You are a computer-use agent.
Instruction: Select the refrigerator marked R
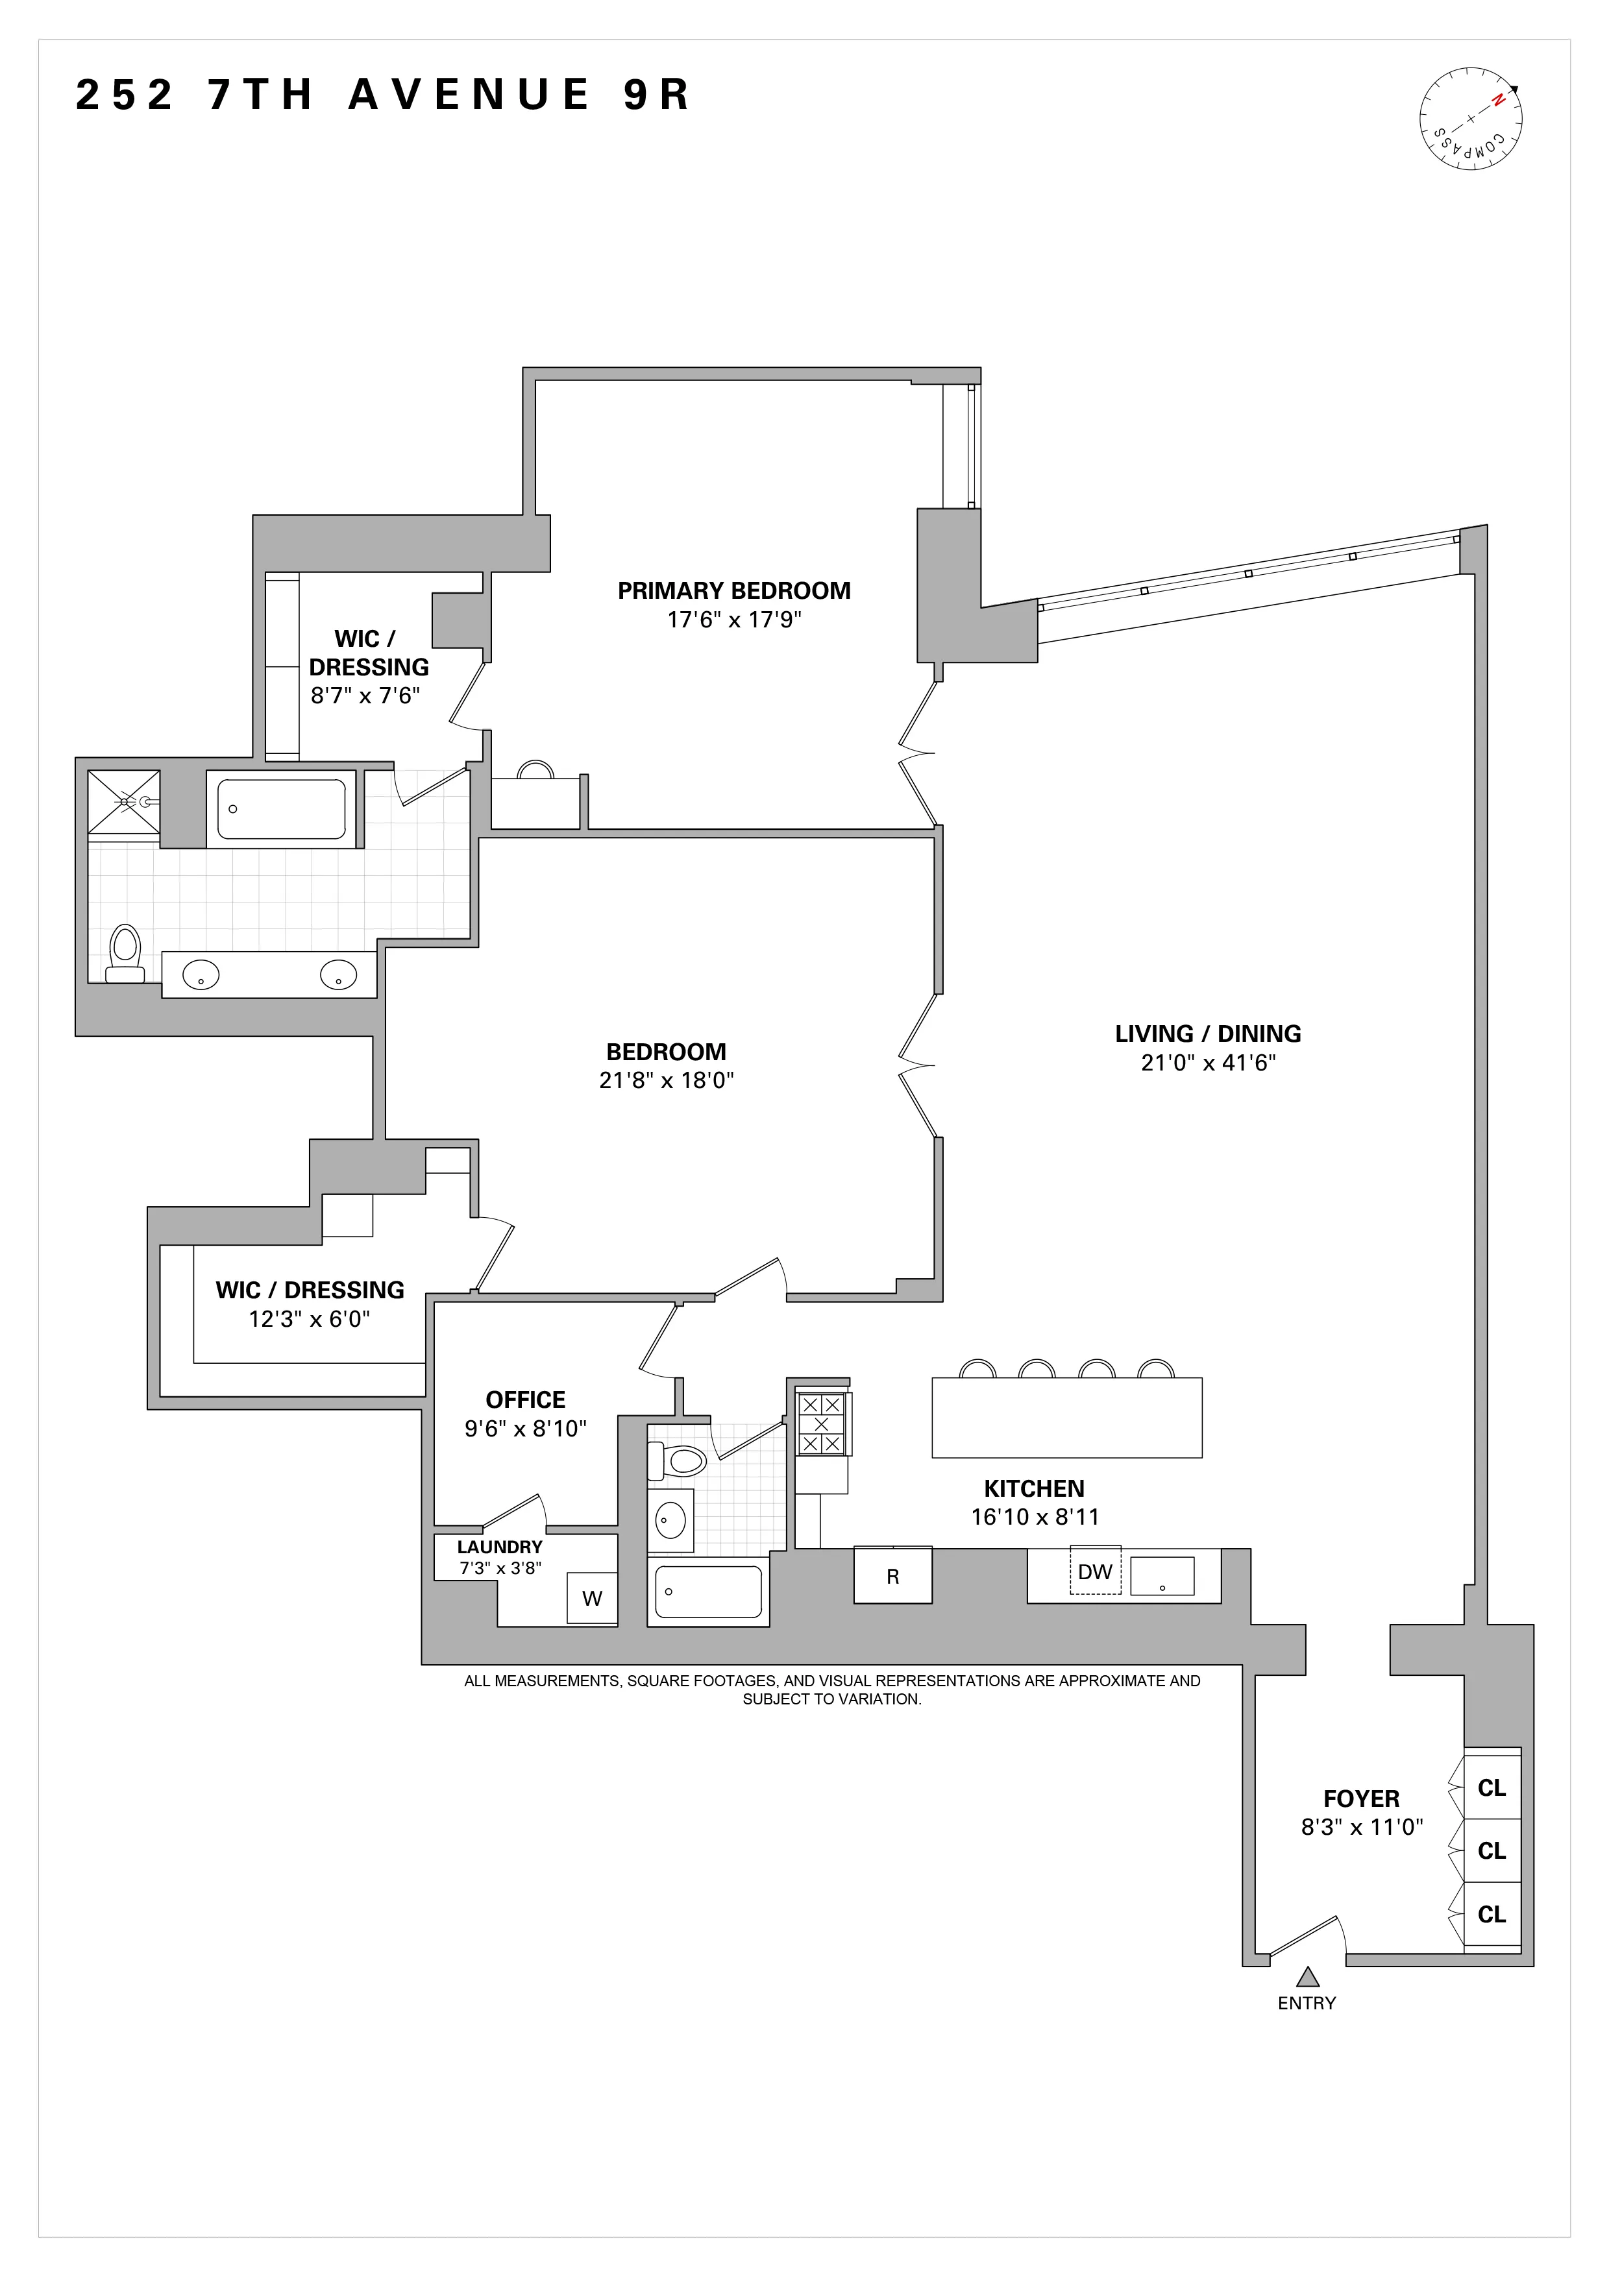click(x=892, y=1576)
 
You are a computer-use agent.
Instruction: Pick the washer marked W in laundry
click(x=592, y=1598)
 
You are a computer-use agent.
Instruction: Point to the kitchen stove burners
click(x=821, y=1425)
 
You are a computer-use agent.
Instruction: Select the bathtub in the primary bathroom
click(x=282, y=809)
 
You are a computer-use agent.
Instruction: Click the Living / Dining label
click(x=1207, y=1034)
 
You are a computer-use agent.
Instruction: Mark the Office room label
click(x=526, y=1399)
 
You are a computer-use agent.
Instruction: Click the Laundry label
click(x=500, y=1546)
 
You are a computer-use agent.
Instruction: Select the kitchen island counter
click(x=1067, y=1418)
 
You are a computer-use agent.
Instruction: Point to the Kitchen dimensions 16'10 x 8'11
click(x=1034, y=1517)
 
